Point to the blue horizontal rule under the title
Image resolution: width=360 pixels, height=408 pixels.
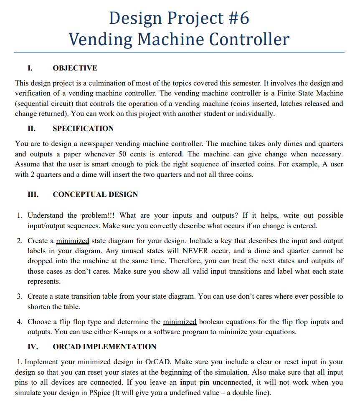click(x=179, y=52)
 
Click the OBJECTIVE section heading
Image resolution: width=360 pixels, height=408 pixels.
click(x=75, y=68)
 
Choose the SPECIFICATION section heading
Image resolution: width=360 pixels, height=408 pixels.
click(x=83, y=128)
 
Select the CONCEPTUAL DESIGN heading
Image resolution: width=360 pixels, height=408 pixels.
click(x=95, y=194)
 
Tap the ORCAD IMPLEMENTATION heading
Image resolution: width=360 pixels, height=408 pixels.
click(x=104, y=347)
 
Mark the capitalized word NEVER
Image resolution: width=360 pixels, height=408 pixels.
click(x=192, y=251)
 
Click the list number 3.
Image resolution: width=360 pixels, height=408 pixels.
click(x=20, y=297)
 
